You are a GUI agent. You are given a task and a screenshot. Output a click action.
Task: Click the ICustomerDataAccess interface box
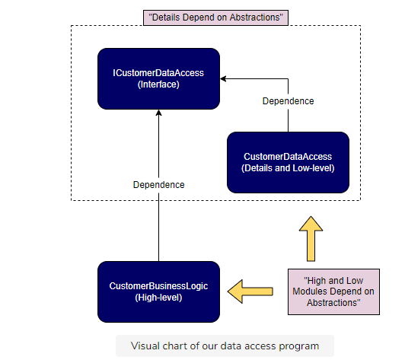click(158, 78)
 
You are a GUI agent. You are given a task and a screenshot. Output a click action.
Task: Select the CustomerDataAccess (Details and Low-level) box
click(288, 162)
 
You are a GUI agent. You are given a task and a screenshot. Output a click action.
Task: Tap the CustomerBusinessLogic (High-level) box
click(158, 292)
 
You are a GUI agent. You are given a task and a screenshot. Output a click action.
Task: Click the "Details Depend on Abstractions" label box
click(215, 18)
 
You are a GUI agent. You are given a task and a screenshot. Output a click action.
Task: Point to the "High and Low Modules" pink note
click(333, 292)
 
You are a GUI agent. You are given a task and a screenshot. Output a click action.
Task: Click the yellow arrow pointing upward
click(311, 239)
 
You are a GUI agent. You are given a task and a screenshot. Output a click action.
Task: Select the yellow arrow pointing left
click(250, 292)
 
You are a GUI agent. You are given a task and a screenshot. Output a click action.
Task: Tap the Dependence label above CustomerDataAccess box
click(288, 101)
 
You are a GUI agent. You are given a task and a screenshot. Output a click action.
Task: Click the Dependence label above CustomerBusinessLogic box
click(158, 185)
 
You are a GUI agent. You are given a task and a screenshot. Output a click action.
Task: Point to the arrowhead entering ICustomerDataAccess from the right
click(223, 78)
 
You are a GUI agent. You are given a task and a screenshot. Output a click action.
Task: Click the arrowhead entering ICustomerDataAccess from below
click(158, 113)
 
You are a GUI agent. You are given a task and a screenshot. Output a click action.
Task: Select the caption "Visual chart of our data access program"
click(225, 346)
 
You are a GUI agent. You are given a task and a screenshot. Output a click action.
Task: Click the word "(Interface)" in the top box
click(158, 84)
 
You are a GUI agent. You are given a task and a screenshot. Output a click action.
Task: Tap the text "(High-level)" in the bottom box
click(158, 298)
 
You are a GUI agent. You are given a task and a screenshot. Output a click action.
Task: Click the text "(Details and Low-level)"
click(288, 168)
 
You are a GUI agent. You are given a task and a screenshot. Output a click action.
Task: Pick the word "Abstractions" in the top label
click(257, 18)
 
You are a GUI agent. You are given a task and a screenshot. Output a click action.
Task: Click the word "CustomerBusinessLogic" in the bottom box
click(158, 286)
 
